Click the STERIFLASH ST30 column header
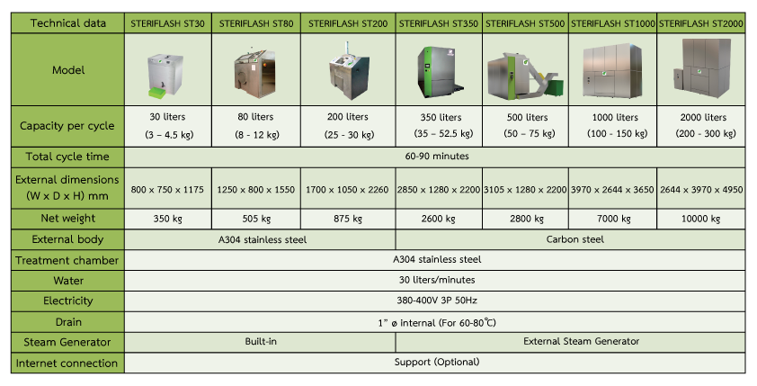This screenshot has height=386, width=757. [167, 23]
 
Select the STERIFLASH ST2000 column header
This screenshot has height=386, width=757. [701, 23]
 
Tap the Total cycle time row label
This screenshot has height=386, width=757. [67, 157]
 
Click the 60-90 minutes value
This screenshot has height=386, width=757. [437, 157]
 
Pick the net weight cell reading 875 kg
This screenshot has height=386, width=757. [348, 219]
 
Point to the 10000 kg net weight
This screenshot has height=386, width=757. [701, 219]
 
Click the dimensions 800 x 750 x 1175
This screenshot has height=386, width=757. [167, 190]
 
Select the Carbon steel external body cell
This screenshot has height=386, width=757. [575, 239]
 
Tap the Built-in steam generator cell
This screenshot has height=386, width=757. [261, 342]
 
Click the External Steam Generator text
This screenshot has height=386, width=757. [582, 342]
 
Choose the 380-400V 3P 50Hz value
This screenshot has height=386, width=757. [437, 301]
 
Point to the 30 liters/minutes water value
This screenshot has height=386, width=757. [437, 280]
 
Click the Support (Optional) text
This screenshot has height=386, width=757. [437, 363]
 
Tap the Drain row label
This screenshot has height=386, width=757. [68, 322]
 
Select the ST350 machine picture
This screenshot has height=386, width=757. [440, 70]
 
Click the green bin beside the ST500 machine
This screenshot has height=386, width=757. [557, 89]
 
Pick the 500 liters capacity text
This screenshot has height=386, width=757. [527, 117]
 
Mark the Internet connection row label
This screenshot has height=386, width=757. [67, 364]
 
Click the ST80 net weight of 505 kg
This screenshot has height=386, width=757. [256, 219]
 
